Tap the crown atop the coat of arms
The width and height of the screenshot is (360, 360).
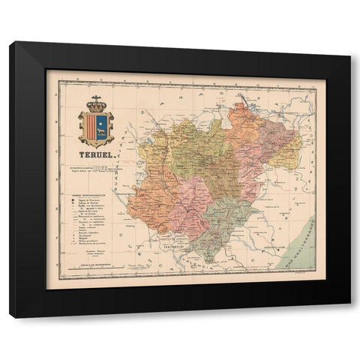[x=97, y=106]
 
